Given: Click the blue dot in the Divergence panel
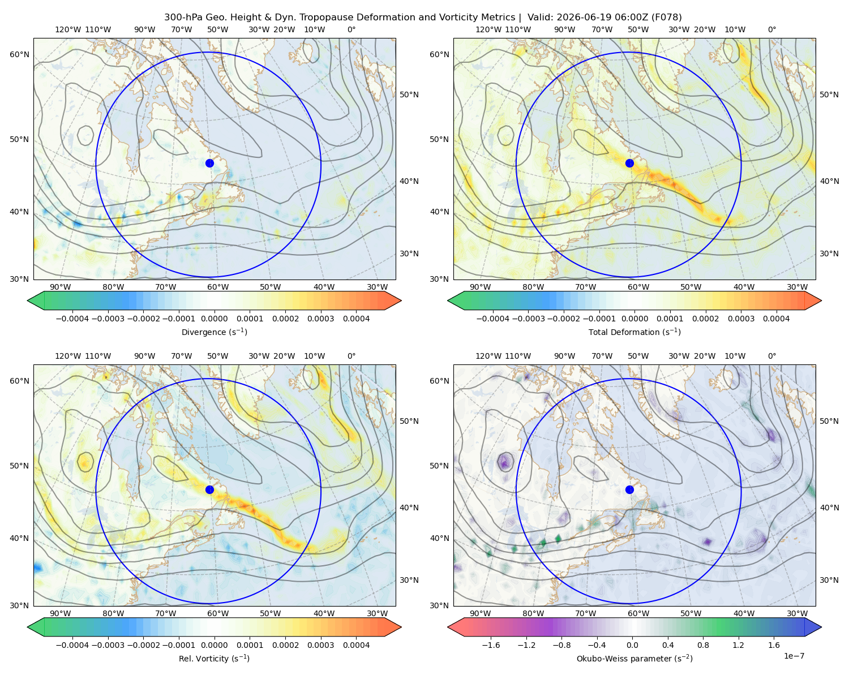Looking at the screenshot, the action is [209, 163].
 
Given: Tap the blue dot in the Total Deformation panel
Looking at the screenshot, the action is [629, 163].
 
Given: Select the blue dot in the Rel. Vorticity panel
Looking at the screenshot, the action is [209, 489].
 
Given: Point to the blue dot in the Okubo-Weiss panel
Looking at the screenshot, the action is [629, 489].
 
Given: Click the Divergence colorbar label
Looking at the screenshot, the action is [214, 332].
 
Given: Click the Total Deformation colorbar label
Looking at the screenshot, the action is [634, 332].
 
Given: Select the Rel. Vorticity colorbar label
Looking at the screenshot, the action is [214, 658].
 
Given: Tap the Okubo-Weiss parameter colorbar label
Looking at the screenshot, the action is [634, 658].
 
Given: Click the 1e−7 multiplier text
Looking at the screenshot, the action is [794, 656].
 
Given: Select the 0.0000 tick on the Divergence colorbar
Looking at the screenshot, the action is [214, 319].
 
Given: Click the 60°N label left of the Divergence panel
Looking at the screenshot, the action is [19, 54].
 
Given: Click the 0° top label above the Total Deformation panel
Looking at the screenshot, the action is [771, 29].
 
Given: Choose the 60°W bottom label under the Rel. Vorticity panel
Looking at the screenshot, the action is [218, 613].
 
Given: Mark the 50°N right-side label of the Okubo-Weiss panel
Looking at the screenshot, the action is [829, 420].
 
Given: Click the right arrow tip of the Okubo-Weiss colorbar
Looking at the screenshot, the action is [821, 627].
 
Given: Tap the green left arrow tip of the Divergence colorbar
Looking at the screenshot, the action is [28, 300].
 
